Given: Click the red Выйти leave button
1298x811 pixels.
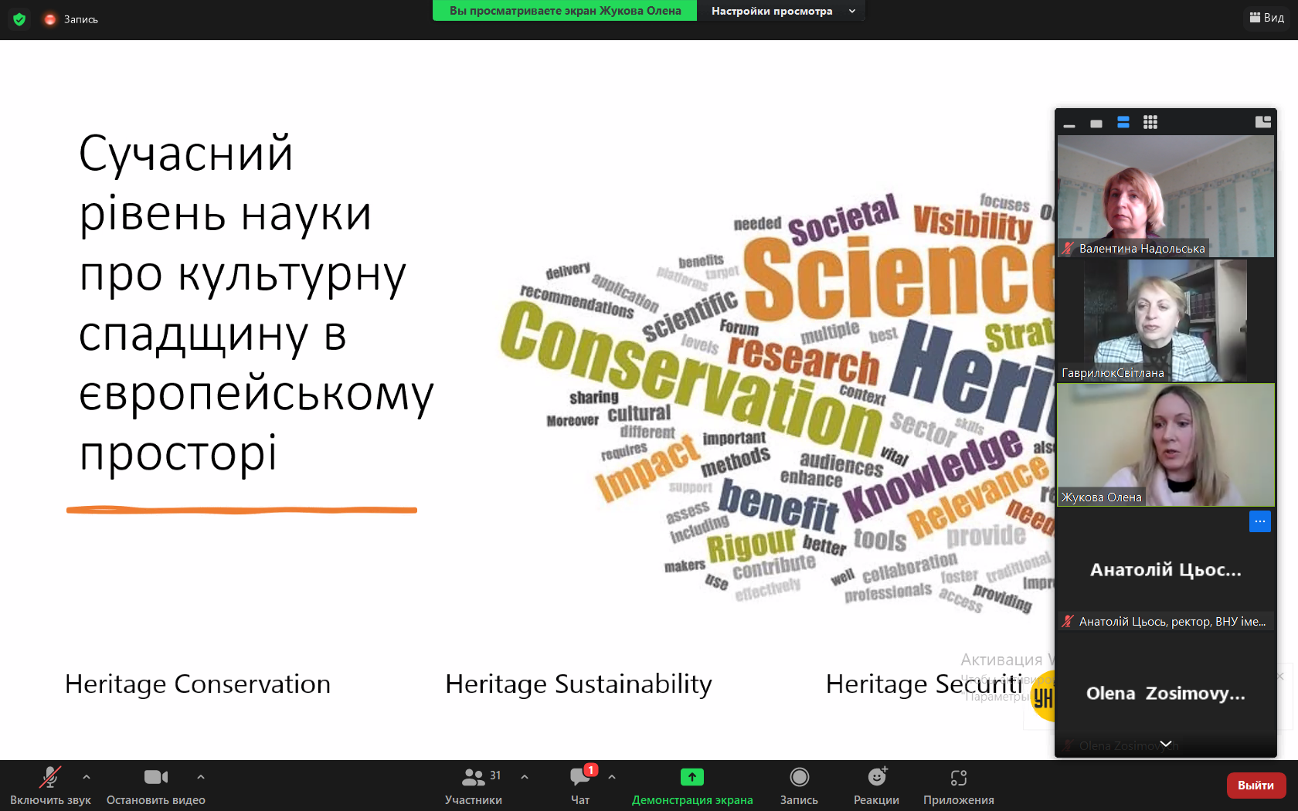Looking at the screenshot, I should tap(1256, 786).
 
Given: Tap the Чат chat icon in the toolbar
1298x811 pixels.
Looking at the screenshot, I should tap(579, 777).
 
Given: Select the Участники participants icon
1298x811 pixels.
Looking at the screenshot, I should tap(473, 777).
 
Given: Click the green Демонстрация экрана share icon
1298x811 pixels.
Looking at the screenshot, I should tap(691, 777).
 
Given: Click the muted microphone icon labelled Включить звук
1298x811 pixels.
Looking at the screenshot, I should tap(50, 777).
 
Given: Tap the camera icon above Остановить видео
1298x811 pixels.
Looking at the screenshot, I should tap(155, 777).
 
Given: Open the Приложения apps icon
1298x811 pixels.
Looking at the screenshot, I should tap(958, 777).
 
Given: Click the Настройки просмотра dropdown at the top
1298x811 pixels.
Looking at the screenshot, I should tap(782, 11).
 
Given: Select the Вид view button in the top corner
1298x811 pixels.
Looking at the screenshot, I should tap(1267, 17).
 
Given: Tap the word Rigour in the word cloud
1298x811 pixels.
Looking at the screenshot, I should tap(751, 545).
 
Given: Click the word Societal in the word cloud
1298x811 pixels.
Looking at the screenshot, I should tap(844, 219).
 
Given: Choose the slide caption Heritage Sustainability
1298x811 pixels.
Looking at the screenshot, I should tap(578, 684).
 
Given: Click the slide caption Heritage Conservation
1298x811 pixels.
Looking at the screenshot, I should tap(198, 684).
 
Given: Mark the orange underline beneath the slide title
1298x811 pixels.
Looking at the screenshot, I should tap(241, 510).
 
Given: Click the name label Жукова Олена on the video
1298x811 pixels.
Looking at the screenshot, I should tap(1101, 497).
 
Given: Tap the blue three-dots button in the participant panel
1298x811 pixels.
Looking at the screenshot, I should tap(1259, 521).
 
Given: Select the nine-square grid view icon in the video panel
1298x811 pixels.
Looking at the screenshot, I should tap(1150, 122).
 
